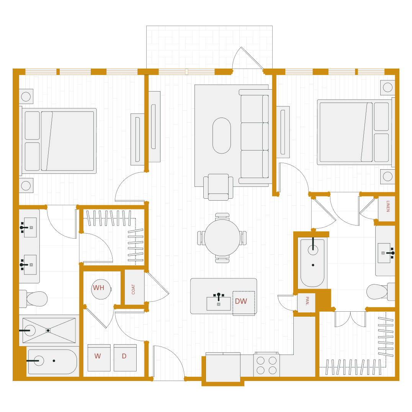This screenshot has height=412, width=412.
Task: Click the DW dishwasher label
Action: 241,302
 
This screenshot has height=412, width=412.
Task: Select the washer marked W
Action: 98,357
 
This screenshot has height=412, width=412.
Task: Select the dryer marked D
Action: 124,357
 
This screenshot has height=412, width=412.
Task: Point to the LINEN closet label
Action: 387,207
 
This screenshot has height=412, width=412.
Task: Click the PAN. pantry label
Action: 306,302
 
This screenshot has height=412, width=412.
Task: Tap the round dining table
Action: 222,238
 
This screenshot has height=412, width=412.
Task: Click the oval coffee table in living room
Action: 222,136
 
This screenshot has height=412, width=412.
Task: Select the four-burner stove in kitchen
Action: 266,365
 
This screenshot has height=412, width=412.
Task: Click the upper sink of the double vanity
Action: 30,227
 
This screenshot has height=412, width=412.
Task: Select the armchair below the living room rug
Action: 218,186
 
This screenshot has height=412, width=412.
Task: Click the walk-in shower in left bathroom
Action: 49,330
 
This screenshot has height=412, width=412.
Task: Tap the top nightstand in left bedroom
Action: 26,96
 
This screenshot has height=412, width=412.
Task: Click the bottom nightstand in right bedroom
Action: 387,177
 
